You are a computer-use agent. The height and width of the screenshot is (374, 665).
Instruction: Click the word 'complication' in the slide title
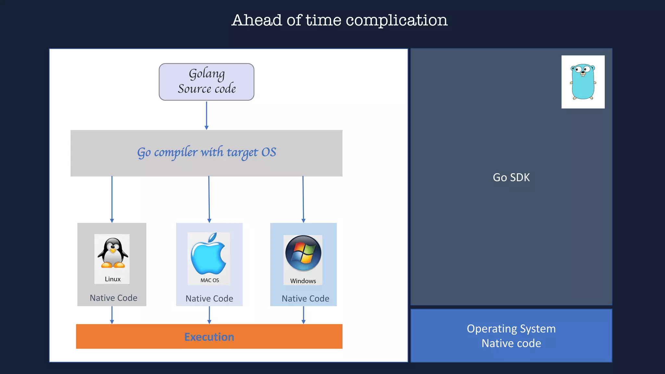pyautogui.click(x=396, y=20)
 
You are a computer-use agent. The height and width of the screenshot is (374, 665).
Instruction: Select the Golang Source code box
pyautogui.click(x=207, y=82)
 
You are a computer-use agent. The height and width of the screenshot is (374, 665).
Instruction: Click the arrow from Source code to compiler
pyautogui.click(x=207, y=115)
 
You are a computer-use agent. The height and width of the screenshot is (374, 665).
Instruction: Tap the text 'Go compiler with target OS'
pyautogui.click(x=207, y=152)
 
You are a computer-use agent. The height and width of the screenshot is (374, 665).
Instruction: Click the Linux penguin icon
pyautogui.click(x=113, y=253)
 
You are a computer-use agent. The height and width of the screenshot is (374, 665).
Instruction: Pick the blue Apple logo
pyautogui.click(x=208, y=254)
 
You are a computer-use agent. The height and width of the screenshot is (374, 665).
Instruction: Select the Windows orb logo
pyautogui.click(x=303, y=253)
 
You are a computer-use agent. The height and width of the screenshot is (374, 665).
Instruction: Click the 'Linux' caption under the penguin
pyautogui.click(x=113, y=279)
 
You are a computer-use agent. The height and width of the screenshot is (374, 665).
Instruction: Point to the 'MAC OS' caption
pyautogui.click(x=209, y=280)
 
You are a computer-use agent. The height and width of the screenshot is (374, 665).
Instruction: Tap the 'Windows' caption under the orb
pyautogui.click(x=303, y=281)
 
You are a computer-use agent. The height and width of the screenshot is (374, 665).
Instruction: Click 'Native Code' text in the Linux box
pyautogui.click(x=113, y=298)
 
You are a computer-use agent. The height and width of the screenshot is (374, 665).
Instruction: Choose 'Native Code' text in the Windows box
pyautogui.click(x=305, y=298)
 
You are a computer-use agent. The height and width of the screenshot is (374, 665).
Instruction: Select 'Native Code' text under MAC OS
pyautogui.click(x=209, y=298)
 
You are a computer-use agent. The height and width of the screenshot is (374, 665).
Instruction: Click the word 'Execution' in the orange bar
pyautogui.click(x=209, y=337)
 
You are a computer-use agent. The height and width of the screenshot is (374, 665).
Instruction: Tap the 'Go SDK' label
pyautogui.click(x=511, y=177)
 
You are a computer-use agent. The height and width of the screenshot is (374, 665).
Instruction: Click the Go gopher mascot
pyautogui.click(x=583, y=82)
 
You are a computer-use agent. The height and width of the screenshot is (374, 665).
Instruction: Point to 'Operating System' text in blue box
pyautogui.click(x=511, y=329)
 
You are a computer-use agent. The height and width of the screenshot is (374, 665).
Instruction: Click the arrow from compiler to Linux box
pyautogui.click(x=112, y=199)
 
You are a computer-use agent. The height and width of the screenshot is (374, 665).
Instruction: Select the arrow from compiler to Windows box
pyautogui.click(x=303, y=199)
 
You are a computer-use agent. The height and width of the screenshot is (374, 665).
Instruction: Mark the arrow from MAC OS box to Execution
pyautogui.click(x=209, y=315)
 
